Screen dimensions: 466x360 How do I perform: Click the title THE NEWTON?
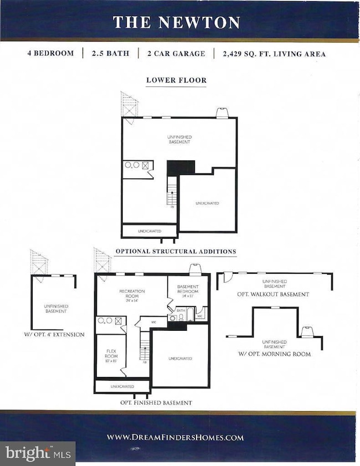pos(176,22)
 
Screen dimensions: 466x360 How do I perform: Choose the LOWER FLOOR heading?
pos(176,80)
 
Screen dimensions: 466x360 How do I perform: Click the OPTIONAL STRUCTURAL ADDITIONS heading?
pos(176,252)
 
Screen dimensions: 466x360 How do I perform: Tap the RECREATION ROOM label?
pos(132,293)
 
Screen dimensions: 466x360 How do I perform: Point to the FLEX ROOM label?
pos(111,353)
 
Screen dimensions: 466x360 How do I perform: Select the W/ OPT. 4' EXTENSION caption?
pos(54,335)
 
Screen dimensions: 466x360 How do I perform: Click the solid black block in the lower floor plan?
pos(181,167)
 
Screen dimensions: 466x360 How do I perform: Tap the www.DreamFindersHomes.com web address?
pos(176,437)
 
